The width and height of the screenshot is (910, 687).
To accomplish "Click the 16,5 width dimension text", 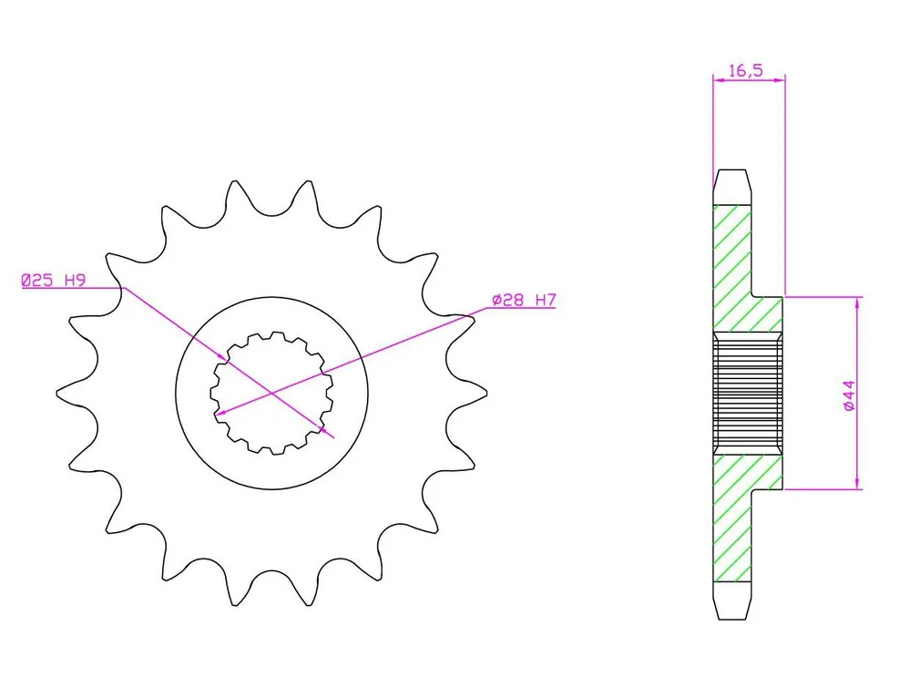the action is pos(746,71).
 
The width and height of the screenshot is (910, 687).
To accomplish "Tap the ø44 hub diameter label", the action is pos(848,395).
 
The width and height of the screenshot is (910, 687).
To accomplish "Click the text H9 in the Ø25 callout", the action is pos(75,281).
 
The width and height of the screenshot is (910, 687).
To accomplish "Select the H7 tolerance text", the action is pos(546,301).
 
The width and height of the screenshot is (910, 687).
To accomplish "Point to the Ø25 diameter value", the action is pos(37,281).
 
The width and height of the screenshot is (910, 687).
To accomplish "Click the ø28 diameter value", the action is pos(507,301).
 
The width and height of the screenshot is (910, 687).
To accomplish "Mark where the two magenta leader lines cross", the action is pos(271,394).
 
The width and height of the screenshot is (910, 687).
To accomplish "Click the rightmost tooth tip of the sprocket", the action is pos(486,394).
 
